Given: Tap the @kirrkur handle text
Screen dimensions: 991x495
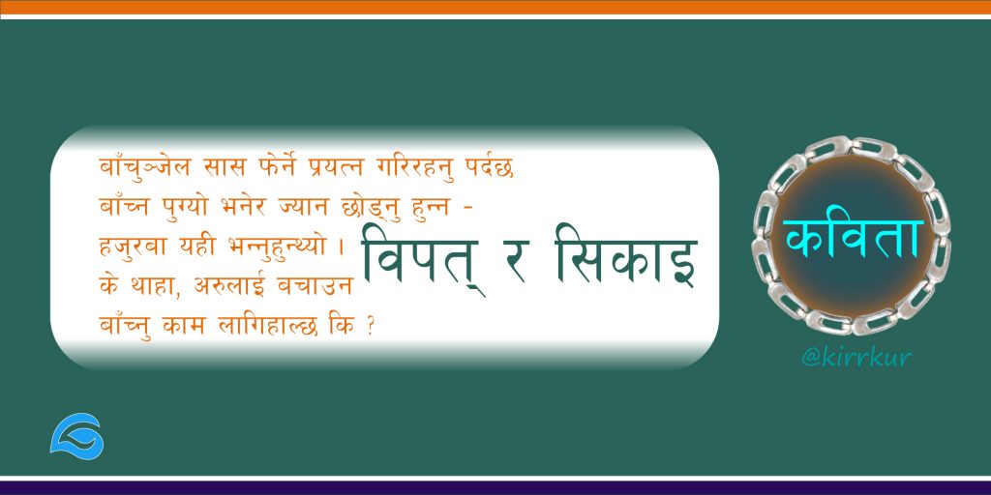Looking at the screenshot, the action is coord(856,358).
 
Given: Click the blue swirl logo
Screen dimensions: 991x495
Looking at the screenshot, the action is coord(76,436).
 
